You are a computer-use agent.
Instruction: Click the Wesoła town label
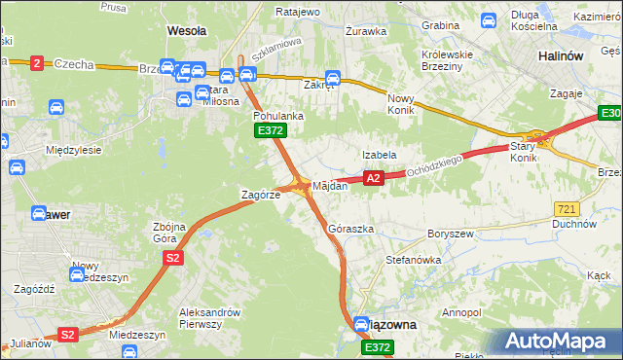[187, 31]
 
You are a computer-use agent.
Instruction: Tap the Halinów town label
[561, 56]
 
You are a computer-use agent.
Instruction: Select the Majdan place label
[330, 185]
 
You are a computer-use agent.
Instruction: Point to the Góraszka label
[351, 229]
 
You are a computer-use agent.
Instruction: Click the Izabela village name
[379, 155]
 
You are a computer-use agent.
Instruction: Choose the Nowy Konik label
[401, 104]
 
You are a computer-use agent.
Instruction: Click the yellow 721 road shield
[567, 209]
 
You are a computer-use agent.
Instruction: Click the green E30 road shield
[609, 116]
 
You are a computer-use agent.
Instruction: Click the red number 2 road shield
[37, 63]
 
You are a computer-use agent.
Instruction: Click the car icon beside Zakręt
[332, 78]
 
